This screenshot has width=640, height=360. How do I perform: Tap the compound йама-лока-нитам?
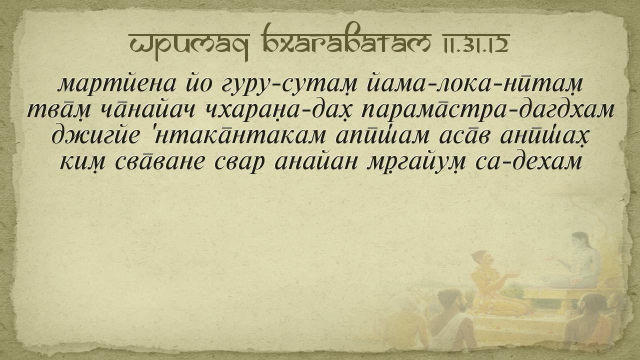474,84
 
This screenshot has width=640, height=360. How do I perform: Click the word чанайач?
146,110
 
